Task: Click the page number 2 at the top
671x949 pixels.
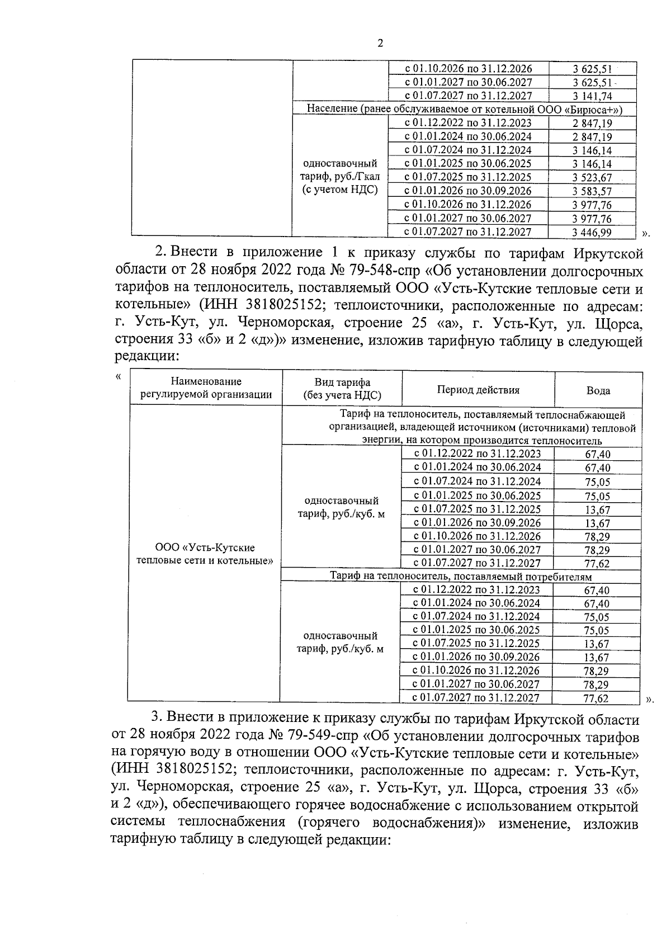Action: pyautogui.click(x=381, y=44)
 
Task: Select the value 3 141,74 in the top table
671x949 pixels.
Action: pyautogui.click(x=592, y=96)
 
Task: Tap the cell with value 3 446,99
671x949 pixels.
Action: pyautogui.click(x=592, y=232)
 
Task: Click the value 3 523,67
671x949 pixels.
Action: pyautogui.click(x=592, y=178)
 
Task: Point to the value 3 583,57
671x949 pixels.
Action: pyautogui.click(x=592, y=191)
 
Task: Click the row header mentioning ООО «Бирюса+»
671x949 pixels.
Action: pyautogui.click(x=464, y=110)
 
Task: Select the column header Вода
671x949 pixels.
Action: pyautogui.click(x=598, y=391)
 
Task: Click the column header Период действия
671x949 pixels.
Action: pyautogui.click(x=478, y=390)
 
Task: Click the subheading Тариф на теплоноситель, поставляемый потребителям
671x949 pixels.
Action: pyautogui.click(x=461, y=576)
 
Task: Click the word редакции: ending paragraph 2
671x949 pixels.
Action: pyautogui.click(x=147, y=356)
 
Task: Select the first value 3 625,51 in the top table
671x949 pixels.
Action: pyautogui.click(x=592, y=69)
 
